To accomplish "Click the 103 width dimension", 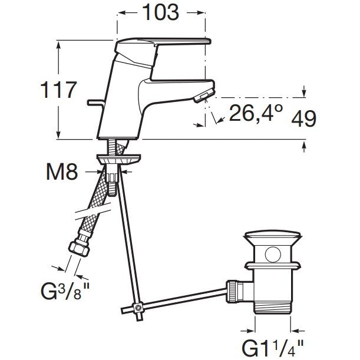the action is [x=160, y=12].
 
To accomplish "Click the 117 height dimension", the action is [x=58, y=90].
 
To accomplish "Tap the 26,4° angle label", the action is [x=256, y=113].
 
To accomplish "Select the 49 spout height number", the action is [x=304, y=118].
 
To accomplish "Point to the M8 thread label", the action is [x=62, y=172].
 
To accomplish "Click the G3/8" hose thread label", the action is [x=65, y=290].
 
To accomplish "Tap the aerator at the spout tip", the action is [x=204, y=95].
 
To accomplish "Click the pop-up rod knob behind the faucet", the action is [x=95, y=103].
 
